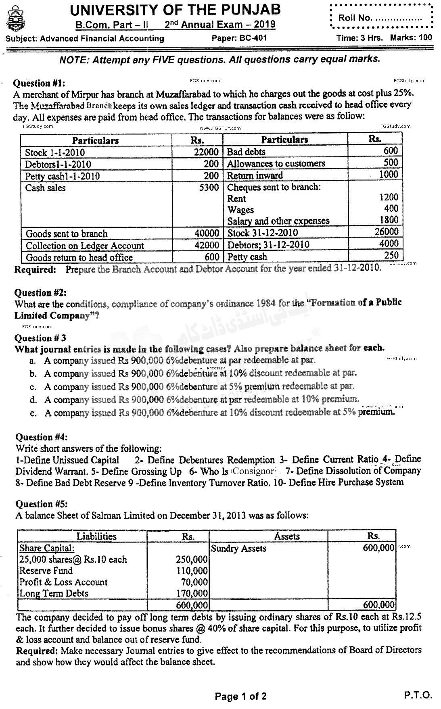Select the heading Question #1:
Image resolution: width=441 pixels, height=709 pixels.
(39, 83)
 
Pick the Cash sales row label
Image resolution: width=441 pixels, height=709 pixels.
(45, 188)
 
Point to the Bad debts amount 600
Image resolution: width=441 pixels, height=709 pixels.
(391, 151)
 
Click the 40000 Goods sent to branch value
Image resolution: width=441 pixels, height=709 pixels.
(207, 234)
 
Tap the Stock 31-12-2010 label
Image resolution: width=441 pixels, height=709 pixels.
(263, 233)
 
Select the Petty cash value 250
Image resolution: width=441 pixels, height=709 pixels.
(391, 256)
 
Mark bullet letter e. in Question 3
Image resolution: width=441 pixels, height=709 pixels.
(33, 413)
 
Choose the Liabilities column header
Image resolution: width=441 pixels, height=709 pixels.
(96, 536)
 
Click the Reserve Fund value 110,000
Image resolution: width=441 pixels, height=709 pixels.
(192, 571)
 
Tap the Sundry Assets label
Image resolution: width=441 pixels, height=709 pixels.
(238, 548)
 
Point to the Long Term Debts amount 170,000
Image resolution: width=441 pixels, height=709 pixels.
(192, 594)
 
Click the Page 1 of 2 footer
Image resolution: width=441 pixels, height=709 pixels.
(240, 696)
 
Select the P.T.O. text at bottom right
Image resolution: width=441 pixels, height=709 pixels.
(418, 695)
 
